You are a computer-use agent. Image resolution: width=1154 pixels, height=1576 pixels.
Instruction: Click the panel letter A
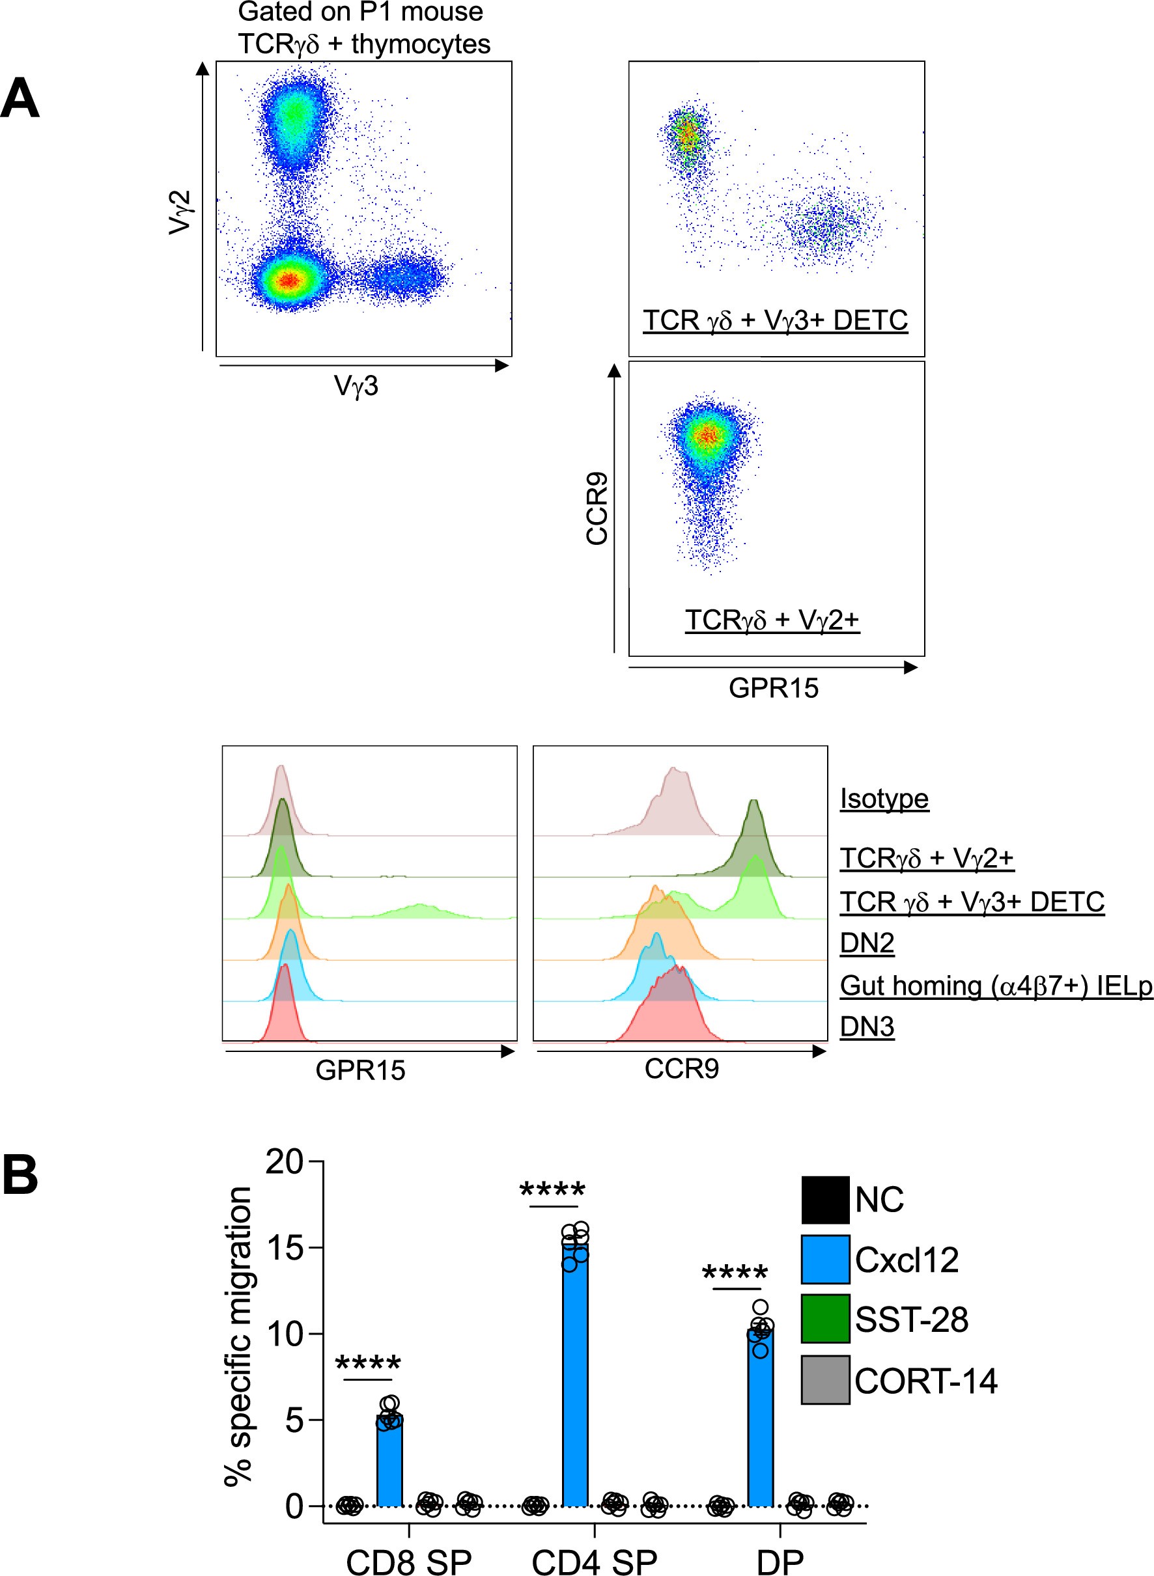coord(20,98)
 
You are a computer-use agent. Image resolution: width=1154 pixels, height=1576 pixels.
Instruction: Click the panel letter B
coord(20,1175)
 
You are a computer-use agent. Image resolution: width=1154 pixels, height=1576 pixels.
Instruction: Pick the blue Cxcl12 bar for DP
coord(760,1418)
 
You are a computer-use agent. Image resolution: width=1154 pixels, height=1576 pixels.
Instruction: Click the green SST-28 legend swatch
coord(825,1318)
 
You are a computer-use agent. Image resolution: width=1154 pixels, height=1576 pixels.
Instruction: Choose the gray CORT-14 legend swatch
coord(825,1380)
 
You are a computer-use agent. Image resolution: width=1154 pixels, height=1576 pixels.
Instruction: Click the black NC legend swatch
coord(825,1200)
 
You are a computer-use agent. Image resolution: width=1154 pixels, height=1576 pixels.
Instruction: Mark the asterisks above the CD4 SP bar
coord(552,1191)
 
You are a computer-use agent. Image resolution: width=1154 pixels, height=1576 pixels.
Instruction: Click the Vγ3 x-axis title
coord(356,385)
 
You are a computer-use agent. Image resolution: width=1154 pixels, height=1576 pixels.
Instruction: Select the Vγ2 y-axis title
coord(180,212)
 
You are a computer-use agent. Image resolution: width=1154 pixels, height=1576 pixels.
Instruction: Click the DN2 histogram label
coord(866,943)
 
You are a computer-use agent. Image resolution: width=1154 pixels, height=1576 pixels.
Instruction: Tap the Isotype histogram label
coord(884,798)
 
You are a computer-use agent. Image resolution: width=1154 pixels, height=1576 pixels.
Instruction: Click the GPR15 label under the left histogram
coord(359,1070)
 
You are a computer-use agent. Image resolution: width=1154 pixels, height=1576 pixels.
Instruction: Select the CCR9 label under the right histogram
coord(681,1068)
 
